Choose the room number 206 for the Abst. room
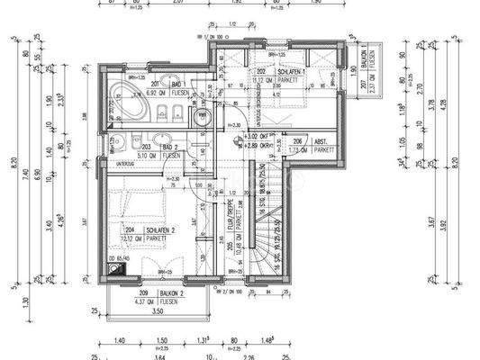click(x=297, y=142)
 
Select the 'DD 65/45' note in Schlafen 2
click(x=118, y=257)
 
